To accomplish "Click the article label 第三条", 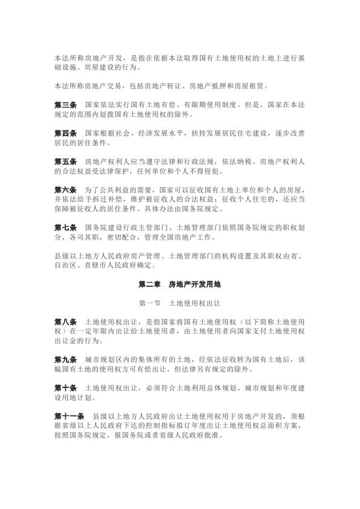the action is (x=65, y=105).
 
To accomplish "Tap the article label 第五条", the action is (x=65, y=162).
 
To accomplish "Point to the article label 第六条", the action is (x=65, y=189).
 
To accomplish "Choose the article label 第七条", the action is (x=65, y=227).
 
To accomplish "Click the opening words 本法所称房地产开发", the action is (x=82, y=58).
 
